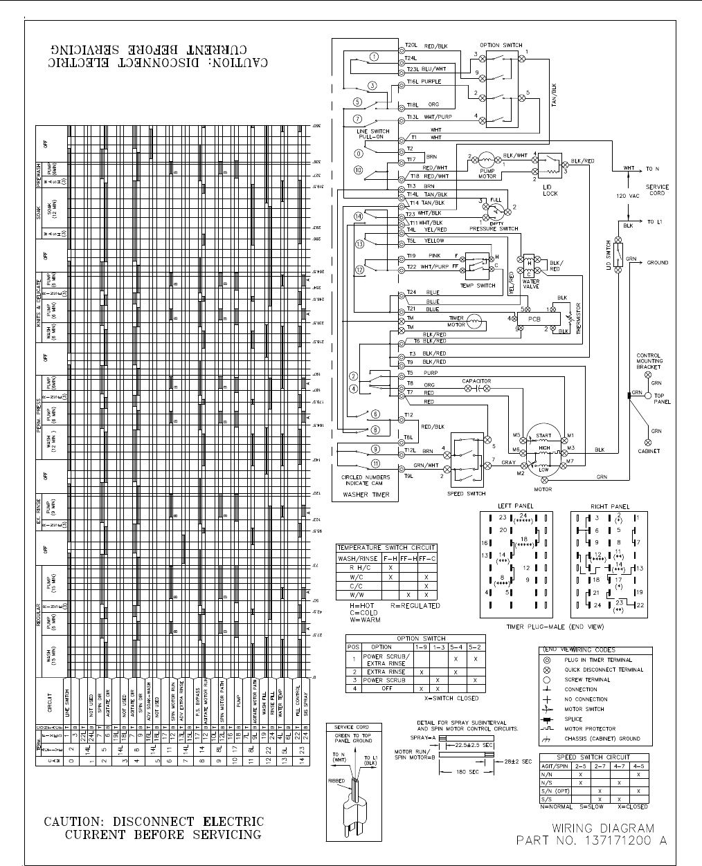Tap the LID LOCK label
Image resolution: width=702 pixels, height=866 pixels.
pyautogui.click(x=550, y=191)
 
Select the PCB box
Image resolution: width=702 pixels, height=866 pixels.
pyautogui.click(x=534, y=320)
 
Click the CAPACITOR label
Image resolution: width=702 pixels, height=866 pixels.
pyautogui.click(x=476, y=381)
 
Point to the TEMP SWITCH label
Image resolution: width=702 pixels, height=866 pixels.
pyautogui.click(x=478, y=286)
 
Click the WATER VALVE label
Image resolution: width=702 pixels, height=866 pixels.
pyautogui.click(x=531, y=284)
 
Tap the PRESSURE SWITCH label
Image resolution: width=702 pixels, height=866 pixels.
pyautogui.click(x=494, y=228)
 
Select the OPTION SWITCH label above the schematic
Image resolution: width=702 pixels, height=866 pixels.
pyautogui.click(x=501, y=45)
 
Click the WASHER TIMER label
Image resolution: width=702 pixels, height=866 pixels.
pyautogui.click(x=366, y=494)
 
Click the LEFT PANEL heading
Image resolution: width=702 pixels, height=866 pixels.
pyautogui.click(x=514, y=506)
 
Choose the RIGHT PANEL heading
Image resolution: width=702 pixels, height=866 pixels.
pyautogui.click(x=610, y=506)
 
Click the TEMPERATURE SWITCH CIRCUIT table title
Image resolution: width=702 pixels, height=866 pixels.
pyautogui.click(x=386, y=548)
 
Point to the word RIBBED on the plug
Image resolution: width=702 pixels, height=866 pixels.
pyautogui.click(x=337, y=780)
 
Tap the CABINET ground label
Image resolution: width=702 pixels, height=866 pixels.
pyautogui.click(x=648, y=451)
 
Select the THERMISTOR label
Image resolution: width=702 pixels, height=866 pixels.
pyautogui.click(x=579, y=322)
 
